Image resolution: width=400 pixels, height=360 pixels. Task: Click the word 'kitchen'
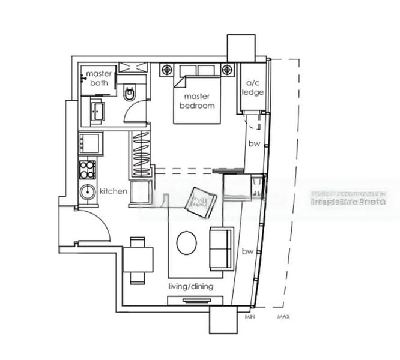click(x=114, y=191)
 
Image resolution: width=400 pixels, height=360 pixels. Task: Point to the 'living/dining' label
click(x=190, y=287)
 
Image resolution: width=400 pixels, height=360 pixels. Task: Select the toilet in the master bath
click(x=130, y=94)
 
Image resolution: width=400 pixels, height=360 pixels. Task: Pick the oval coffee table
click(x=186, y=242)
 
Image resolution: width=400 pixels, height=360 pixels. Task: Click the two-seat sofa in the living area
click(x=221, y=248)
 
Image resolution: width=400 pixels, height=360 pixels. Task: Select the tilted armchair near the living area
click(x=201, y=203)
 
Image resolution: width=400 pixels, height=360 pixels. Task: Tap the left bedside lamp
click(x=166, y=70)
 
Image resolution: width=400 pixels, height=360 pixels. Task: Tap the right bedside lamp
click(x=227, y=70)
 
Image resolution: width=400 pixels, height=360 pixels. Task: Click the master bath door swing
click(x=136, y=111)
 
